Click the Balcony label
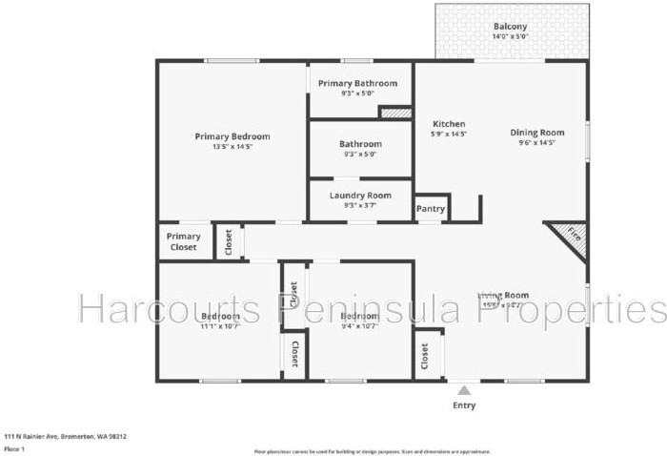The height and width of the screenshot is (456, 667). (510, 26)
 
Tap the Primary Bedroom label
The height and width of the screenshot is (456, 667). (232, 136)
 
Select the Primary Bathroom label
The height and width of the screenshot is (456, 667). (357, 83)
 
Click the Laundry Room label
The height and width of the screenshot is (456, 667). (360, 196)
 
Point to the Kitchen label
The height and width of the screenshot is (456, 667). (449, 124)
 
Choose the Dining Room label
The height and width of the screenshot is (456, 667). (536, 133)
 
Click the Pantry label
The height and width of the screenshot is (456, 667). (431, 208)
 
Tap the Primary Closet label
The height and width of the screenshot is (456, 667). (184, 241)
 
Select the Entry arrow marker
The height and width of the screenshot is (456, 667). (464, 390)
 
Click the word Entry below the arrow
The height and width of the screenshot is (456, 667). (464, 405)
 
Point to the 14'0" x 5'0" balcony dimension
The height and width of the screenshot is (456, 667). (510, 37)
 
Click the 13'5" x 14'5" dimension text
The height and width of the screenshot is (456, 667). (232, 147)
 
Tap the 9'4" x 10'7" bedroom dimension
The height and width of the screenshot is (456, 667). (360, 326)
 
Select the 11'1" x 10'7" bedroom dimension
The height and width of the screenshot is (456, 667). (220, 326)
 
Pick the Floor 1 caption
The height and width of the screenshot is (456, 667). (14, 447)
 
